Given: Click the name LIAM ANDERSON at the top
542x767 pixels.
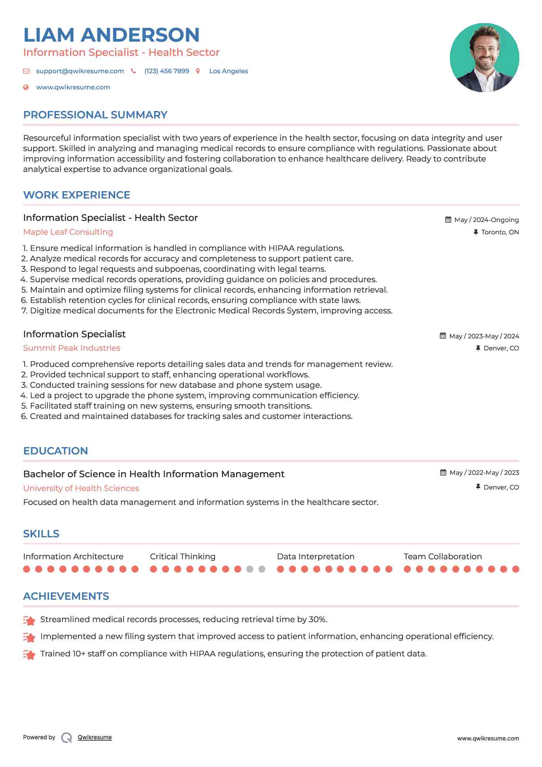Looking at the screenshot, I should (x=111, y=35).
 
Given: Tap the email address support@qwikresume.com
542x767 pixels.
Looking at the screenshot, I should (x=80, y=71).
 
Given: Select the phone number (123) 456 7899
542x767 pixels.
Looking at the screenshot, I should (x=166, y=71).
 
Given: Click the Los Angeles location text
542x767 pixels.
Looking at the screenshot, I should (x=228, y=71).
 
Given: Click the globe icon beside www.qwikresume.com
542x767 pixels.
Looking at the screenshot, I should (x=26, y=87).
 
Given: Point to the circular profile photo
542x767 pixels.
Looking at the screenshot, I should (x=484, y=58).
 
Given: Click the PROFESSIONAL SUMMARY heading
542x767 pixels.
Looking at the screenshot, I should (x=95, y=115).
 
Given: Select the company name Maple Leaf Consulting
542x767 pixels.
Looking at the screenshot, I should (x=68, y=232).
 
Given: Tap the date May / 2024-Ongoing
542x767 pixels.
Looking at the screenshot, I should (x=486, y=220).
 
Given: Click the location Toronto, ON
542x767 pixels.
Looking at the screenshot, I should (x=500, y=232).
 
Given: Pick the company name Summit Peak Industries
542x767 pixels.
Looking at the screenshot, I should (x=72, y=348).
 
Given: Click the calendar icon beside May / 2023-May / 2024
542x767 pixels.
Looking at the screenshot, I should (x=443, y=336).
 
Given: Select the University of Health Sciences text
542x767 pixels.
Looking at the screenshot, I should (x=81, y=488).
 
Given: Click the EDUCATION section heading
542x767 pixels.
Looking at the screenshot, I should (x=55, y=451).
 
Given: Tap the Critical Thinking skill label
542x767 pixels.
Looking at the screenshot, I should (x=183, y=557).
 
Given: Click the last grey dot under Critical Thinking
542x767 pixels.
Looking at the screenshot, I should (x=262, y=569).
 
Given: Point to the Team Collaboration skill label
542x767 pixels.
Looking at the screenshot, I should (x=443, y=557).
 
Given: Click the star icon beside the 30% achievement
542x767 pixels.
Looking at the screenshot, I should (x=29, y=620).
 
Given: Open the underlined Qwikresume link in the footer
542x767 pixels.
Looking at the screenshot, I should (x=95, y=737).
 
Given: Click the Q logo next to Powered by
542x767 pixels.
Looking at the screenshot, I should (x=67, y=738).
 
